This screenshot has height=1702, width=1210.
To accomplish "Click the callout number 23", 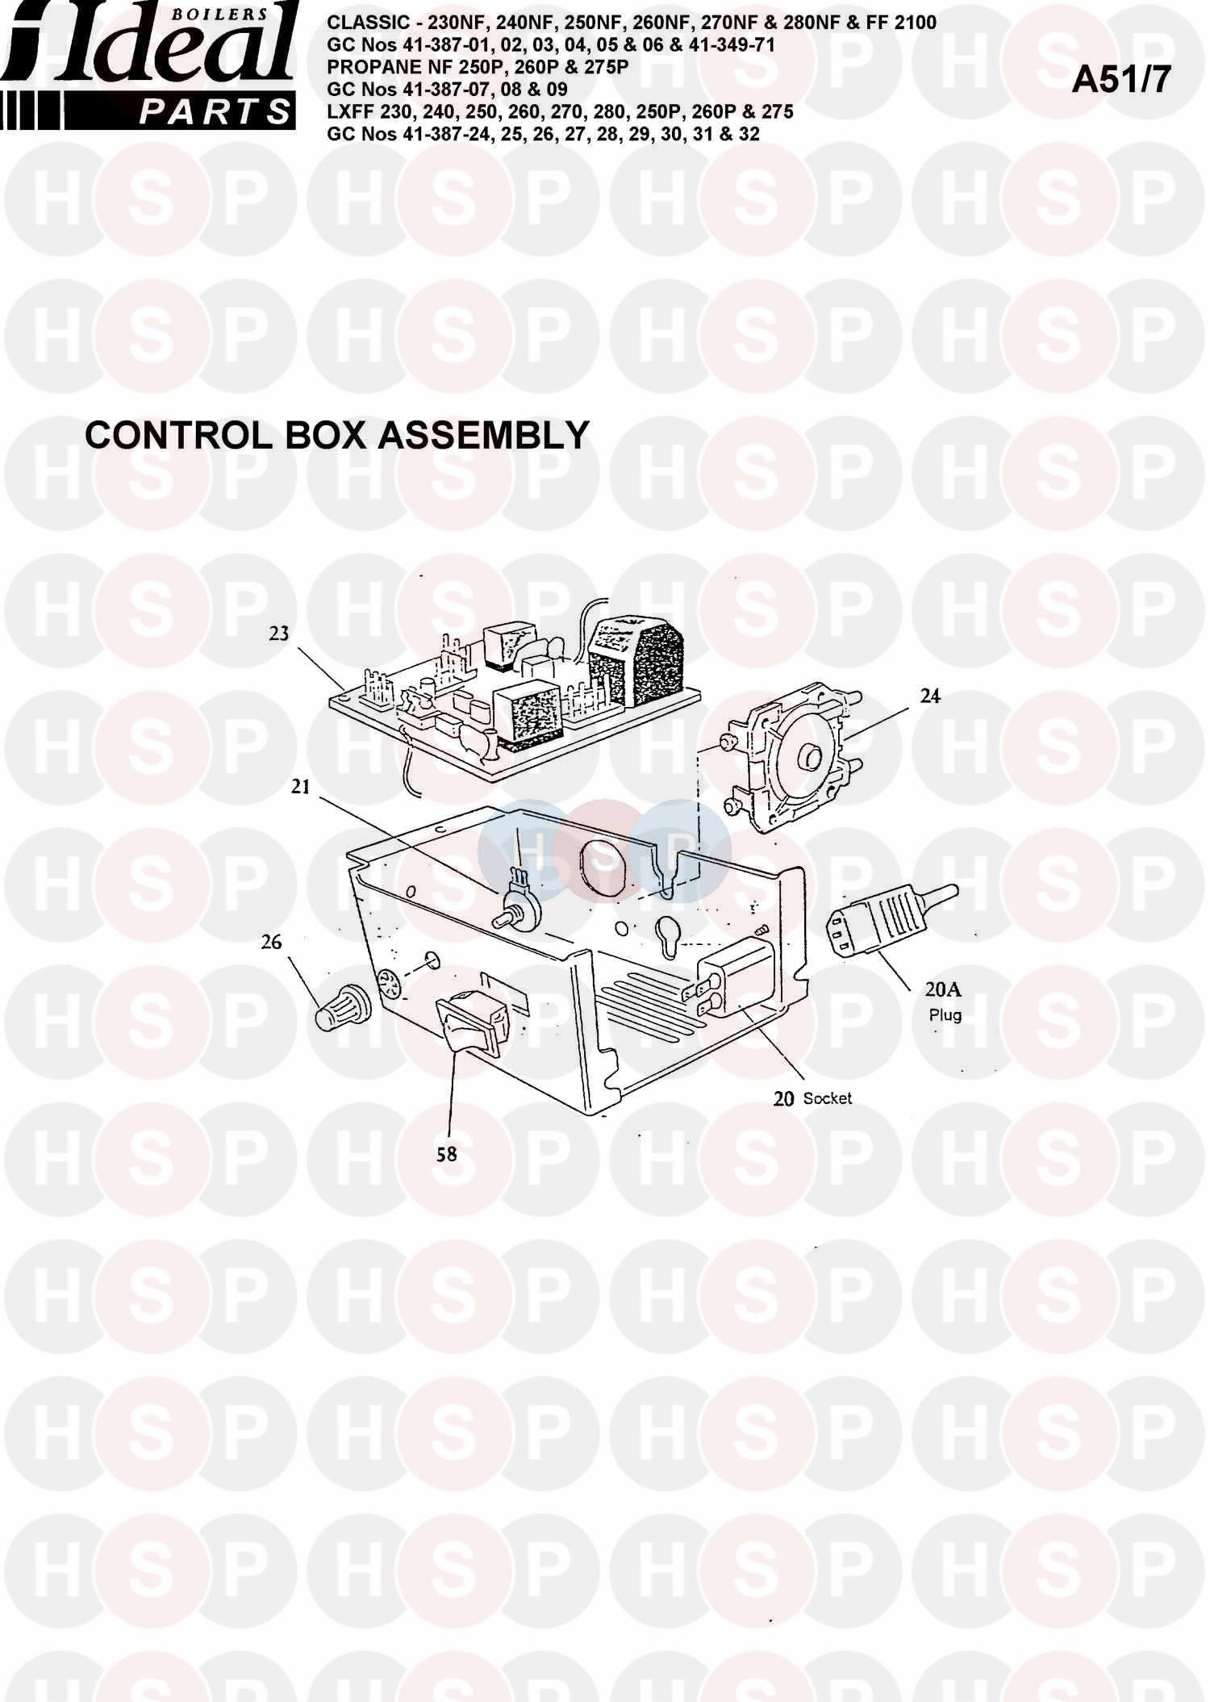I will click(x=278, y=634).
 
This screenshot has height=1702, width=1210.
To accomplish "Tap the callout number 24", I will click(x=930, y=696).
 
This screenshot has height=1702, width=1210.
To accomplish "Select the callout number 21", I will click(x=300, y=786).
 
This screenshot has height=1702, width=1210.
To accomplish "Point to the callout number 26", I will click(x=272, y=942).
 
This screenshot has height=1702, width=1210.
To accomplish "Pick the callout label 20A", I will click(x=943, y=990).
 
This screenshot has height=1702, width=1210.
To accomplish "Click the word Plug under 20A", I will click(x=945, y=1014).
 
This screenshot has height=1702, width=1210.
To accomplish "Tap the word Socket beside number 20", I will click(x=828, y=1098).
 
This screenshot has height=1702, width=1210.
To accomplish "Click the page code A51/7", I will click(x=1120, y=80).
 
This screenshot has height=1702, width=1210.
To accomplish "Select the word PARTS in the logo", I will click(x=213, y=112).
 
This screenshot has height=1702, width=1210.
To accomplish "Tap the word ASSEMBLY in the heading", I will click(x=483, y=436).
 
